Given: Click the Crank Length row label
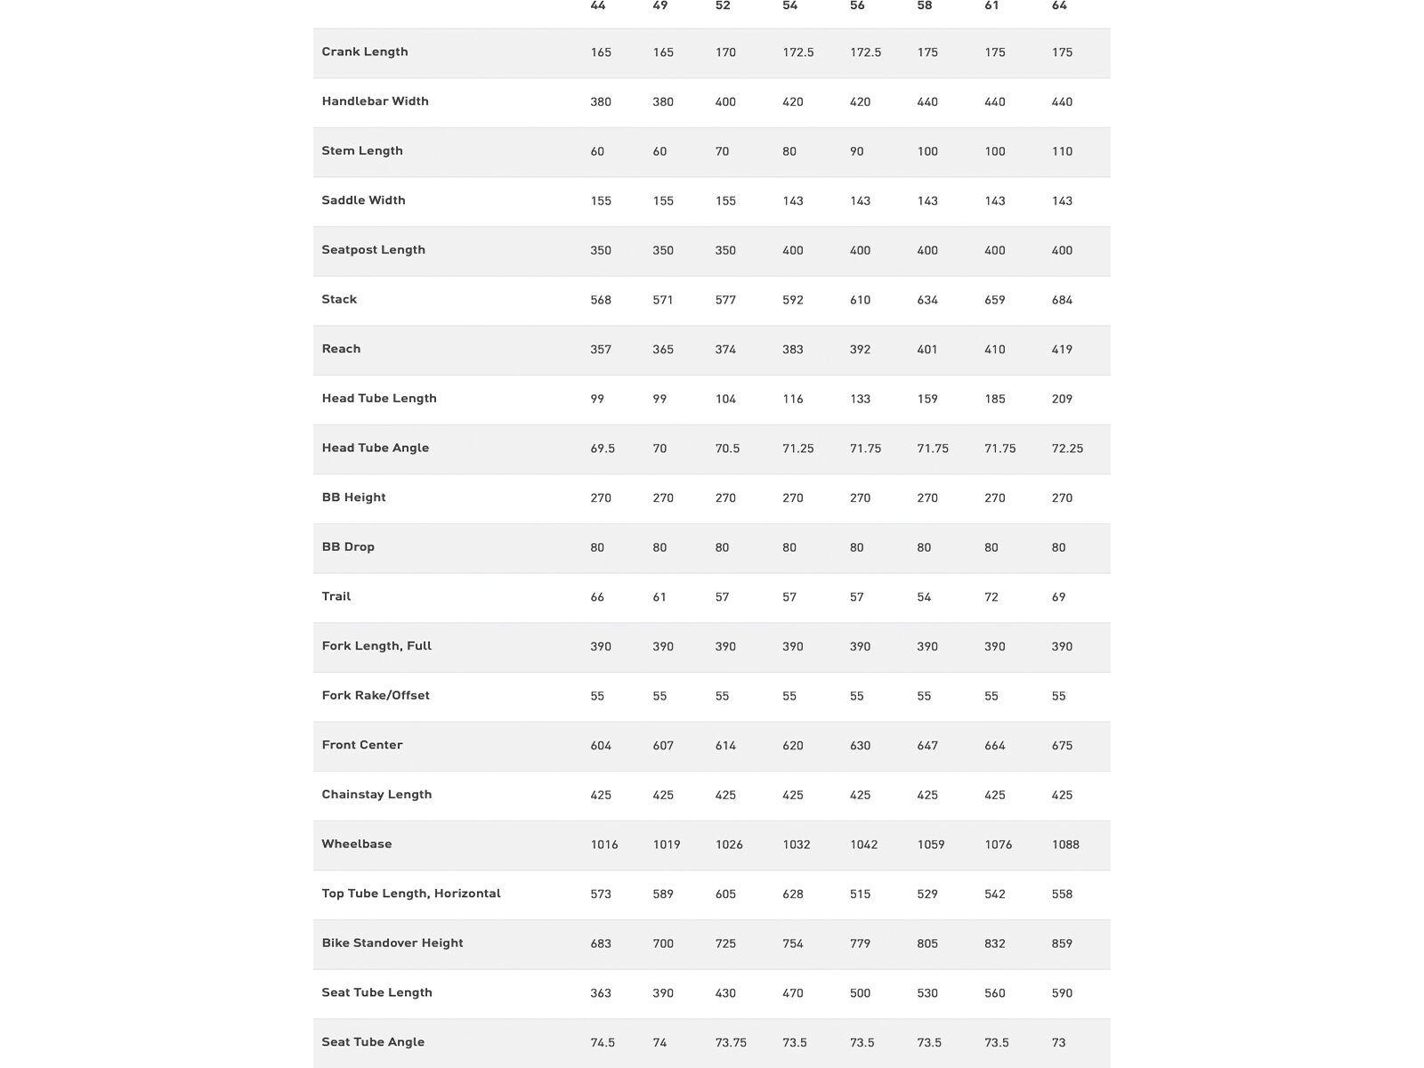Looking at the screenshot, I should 365,52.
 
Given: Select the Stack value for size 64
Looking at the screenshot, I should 1062,300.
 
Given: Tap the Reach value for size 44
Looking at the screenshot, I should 601,350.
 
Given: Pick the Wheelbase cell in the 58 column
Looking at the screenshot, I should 931,845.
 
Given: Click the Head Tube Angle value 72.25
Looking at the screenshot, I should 1067,449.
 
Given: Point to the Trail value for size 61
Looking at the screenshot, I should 991,597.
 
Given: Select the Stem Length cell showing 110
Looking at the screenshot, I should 1062,151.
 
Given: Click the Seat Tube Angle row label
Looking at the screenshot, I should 373,1042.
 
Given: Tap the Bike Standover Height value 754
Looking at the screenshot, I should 793,943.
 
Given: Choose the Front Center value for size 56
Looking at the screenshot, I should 860,746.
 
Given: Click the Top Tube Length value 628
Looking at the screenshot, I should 793,894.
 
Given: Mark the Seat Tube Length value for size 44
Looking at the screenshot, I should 601,993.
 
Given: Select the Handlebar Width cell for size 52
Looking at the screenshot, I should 725,102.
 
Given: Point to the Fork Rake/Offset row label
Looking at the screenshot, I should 376,696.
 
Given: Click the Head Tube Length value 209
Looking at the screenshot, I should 1062,400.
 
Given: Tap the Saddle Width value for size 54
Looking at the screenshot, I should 793,201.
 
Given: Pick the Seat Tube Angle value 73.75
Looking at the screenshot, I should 731,1043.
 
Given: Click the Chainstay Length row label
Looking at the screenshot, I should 376,795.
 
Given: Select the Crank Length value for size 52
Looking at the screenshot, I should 725,53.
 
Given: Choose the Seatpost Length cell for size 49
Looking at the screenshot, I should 663,251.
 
